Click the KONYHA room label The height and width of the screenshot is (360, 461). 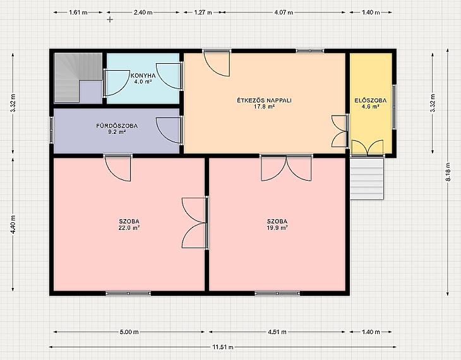coord(143,76)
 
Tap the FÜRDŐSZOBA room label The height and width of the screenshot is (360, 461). coord(117,126)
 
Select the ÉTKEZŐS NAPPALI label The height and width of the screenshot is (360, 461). coord(265,100)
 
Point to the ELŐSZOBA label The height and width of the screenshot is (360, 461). coord(371,100)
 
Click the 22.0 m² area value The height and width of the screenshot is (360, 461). coord(129,227)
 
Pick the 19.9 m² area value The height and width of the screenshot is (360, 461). coord(277,227)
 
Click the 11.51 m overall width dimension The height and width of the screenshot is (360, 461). coord(223,347)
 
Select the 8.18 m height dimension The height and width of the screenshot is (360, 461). coord(448,172)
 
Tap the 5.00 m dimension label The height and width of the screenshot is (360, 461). coord(129,332)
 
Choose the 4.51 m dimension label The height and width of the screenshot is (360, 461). coord(277,332)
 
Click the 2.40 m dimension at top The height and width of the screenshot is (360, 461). coord(143,13)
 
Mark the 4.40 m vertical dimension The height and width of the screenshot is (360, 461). coord(13,224)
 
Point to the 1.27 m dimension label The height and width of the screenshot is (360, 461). coord(203,13)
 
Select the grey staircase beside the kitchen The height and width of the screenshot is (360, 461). coord(78,78)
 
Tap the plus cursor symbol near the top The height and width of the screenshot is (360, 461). coord(110,20)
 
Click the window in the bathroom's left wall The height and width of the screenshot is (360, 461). coord(51,130)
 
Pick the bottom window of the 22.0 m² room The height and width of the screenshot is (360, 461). coord(128,293)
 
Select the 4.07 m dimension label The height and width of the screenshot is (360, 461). coord(284,13)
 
